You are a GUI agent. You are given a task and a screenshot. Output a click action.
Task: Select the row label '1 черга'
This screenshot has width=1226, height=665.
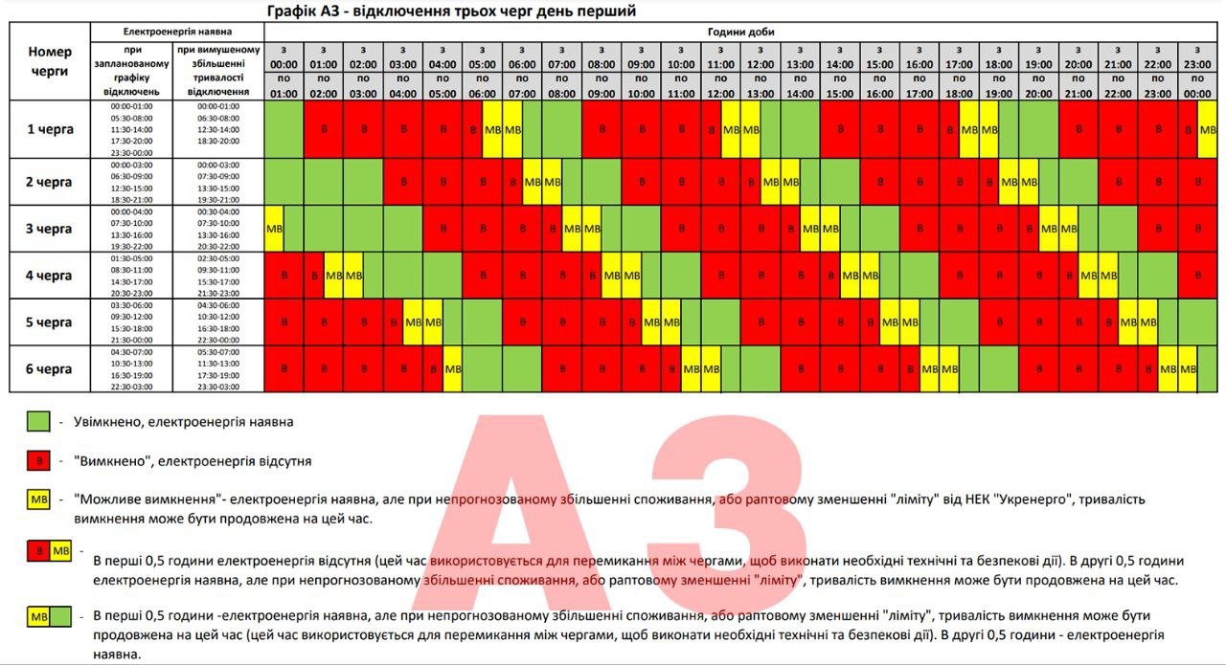pos(50,128)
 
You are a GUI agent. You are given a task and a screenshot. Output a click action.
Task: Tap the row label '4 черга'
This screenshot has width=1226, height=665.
pos(50,276)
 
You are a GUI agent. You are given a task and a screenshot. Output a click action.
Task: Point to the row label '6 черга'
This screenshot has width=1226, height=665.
pos(50,368)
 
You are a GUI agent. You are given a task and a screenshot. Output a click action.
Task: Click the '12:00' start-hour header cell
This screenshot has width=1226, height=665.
pos(760,58)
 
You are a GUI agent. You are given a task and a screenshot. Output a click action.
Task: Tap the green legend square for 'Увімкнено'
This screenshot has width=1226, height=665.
pos(38,421)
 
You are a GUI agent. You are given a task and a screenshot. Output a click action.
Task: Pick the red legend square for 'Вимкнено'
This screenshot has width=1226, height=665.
pos(38,461)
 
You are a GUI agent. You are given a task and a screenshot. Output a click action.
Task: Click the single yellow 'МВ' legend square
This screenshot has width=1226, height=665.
pos(38,500)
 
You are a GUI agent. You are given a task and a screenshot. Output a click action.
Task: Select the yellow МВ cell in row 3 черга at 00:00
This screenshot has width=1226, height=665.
pos(274,229)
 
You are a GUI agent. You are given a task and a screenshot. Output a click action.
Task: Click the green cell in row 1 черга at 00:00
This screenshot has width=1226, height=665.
pos(284,128)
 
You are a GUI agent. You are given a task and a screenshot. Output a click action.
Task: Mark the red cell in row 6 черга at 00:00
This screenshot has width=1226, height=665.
pos(284,368)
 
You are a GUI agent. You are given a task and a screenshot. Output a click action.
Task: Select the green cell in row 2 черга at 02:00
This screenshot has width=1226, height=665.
pos(363,182)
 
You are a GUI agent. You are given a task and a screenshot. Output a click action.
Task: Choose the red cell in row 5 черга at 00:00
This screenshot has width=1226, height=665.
pos(284,321)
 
